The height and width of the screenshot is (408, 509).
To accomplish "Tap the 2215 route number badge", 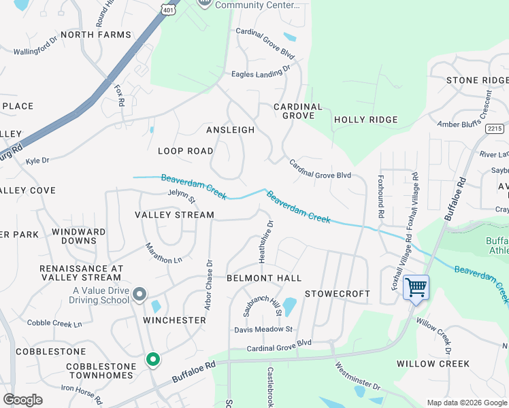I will pyautogui.click(x=495, y=128).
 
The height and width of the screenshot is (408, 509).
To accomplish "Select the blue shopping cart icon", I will pyautogui.click(x=416, y=287).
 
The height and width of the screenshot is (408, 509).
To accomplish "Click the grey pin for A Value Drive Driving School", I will pyautogui.click(x=139, y=294).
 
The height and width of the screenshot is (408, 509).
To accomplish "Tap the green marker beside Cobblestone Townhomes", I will pyautogui.click(x=153, y=359).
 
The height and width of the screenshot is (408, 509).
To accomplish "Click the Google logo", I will pyautogui.click(x=22, y=400).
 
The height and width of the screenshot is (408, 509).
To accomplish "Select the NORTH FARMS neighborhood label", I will pyautogui.click(x=95, y=35).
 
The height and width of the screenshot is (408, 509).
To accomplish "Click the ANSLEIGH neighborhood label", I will pyautogui.click(x=230, y=130).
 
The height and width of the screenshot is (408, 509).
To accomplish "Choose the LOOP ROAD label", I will pyautogui.click(x=185, y=151).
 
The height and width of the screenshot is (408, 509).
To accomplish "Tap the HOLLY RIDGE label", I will pyautogui.click(x=365, y=120).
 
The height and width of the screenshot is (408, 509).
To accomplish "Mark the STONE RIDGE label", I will pyautogui.click(x=477, y=80).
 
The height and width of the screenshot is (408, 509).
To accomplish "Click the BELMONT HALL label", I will pyautogui.click(x=263, y=278).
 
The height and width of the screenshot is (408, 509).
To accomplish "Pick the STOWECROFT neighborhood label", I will pyautogui.click(x=337, y=294).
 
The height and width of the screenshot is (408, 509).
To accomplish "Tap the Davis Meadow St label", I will pyautogui.click(x=263, y=329).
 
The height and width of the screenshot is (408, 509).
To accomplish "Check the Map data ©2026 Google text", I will pyautogui.click(x=466, y=403).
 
